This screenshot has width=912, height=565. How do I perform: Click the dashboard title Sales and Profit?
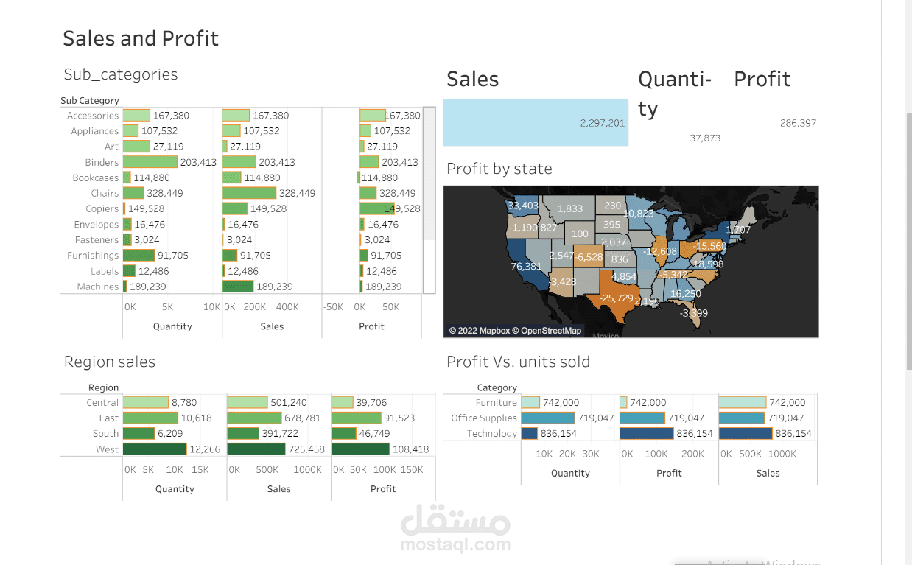click(x=141, y=38)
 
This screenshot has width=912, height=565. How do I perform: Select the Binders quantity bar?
click(x=150, y=162)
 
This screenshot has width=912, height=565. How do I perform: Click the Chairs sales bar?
click(x=249, y=193)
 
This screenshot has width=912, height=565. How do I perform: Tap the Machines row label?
click(x=97, y=287)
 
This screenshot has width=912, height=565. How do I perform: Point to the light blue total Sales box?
click(x=536, y=122)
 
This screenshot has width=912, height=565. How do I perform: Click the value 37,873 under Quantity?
click(x=705, y=138)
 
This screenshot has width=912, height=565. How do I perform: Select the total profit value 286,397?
click(x=798, y=123)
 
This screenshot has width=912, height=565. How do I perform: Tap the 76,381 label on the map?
click(x=526, y=266)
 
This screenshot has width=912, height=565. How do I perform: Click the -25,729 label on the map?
click(x=616, y=298)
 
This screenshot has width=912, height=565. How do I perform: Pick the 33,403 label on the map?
click(x=523, y=206)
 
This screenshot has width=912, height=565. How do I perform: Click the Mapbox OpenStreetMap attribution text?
click(x=515, y=331)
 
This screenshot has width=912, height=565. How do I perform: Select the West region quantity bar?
click(x=155, y=449)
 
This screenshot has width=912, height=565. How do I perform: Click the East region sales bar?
click(x=254, y=418)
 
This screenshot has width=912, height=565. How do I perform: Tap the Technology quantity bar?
click(x=529, y=434)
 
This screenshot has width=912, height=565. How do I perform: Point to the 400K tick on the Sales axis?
click(x=287, y=307)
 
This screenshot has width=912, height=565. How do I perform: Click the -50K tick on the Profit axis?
click(x=333, y=307)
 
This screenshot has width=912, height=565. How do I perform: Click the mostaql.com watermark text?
click(x=455, y=545)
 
